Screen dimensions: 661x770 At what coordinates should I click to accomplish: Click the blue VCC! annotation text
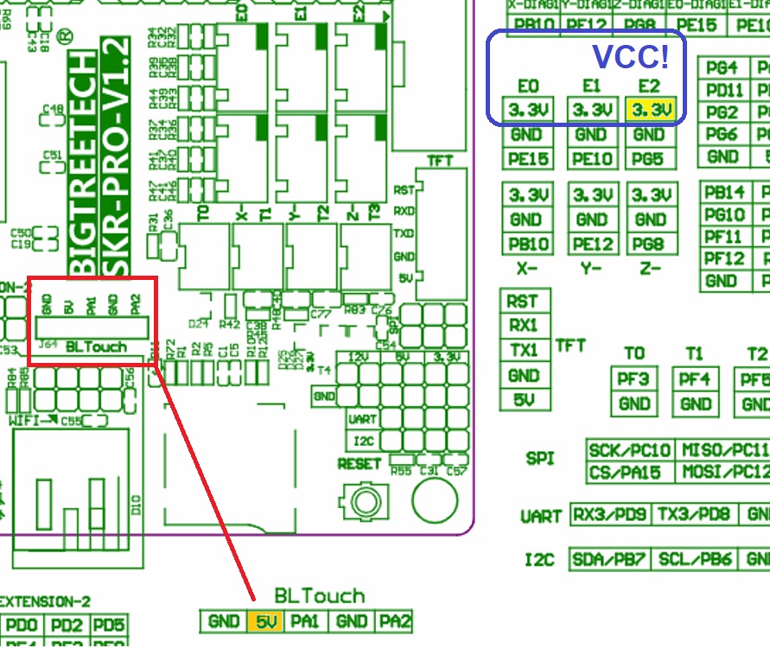630,56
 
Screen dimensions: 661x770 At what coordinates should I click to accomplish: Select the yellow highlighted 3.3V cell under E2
649,111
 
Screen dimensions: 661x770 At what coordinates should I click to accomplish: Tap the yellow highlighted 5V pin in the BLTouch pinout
263,621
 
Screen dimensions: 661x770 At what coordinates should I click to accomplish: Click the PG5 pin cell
649,159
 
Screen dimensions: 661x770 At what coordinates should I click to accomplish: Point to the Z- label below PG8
648,269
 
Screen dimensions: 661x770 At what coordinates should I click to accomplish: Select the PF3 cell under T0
634,378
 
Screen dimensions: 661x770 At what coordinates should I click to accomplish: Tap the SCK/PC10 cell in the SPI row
630,450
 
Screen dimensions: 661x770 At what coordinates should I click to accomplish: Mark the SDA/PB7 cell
608,559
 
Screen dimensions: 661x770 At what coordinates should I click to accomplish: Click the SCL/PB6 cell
694,559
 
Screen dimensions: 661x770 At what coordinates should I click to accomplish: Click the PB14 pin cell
724,193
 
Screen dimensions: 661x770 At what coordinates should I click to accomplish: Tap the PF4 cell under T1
696,378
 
